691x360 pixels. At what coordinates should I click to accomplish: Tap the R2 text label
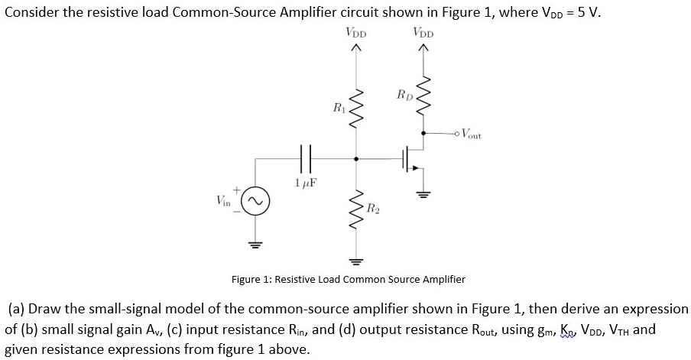click(x=373, y=207)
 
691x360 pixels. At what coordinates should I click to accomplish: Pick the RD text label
click(x=405, y=95)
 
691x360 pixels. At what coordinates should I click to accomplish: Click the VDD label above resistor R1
click(x=355, y=32)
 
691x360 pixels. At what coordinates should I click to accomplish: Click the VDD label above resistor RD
click(x=422, y=32)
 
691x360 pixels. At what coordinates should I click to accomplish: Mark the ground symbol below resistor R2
click(x=354, y=258)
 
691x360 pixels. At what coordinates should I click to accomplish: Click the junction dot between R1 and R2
click(x=354, y=159)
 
